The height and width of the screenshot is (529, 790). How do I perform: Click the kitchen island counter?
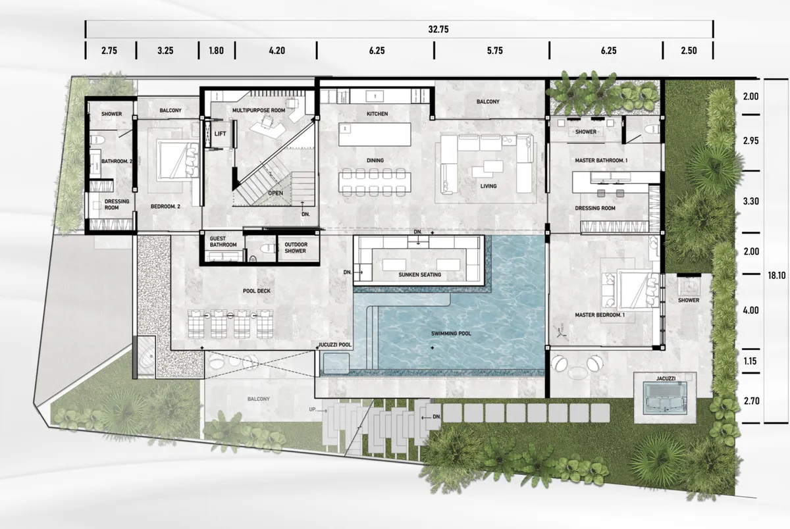pos(374,135)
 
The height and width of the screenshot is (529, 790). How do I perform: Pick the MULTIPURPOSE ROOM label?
pos(259,111)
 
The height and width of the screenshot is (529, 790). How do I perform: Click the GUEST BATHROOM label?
pos(223,241)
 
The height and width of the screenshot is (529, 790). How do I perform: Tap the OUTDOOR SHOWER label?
pos(296,247)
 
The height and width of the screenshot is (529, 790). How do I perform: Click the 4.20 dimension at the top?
pos(275,50)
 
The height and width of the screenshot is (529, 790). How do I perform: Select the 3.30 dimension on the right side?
pos(750,201)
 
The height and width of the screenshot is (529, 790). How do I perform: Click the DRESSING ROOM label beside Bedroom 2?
pos(117,205)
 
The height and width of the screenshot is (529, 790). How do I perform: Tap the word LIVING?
pos(488,186)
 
